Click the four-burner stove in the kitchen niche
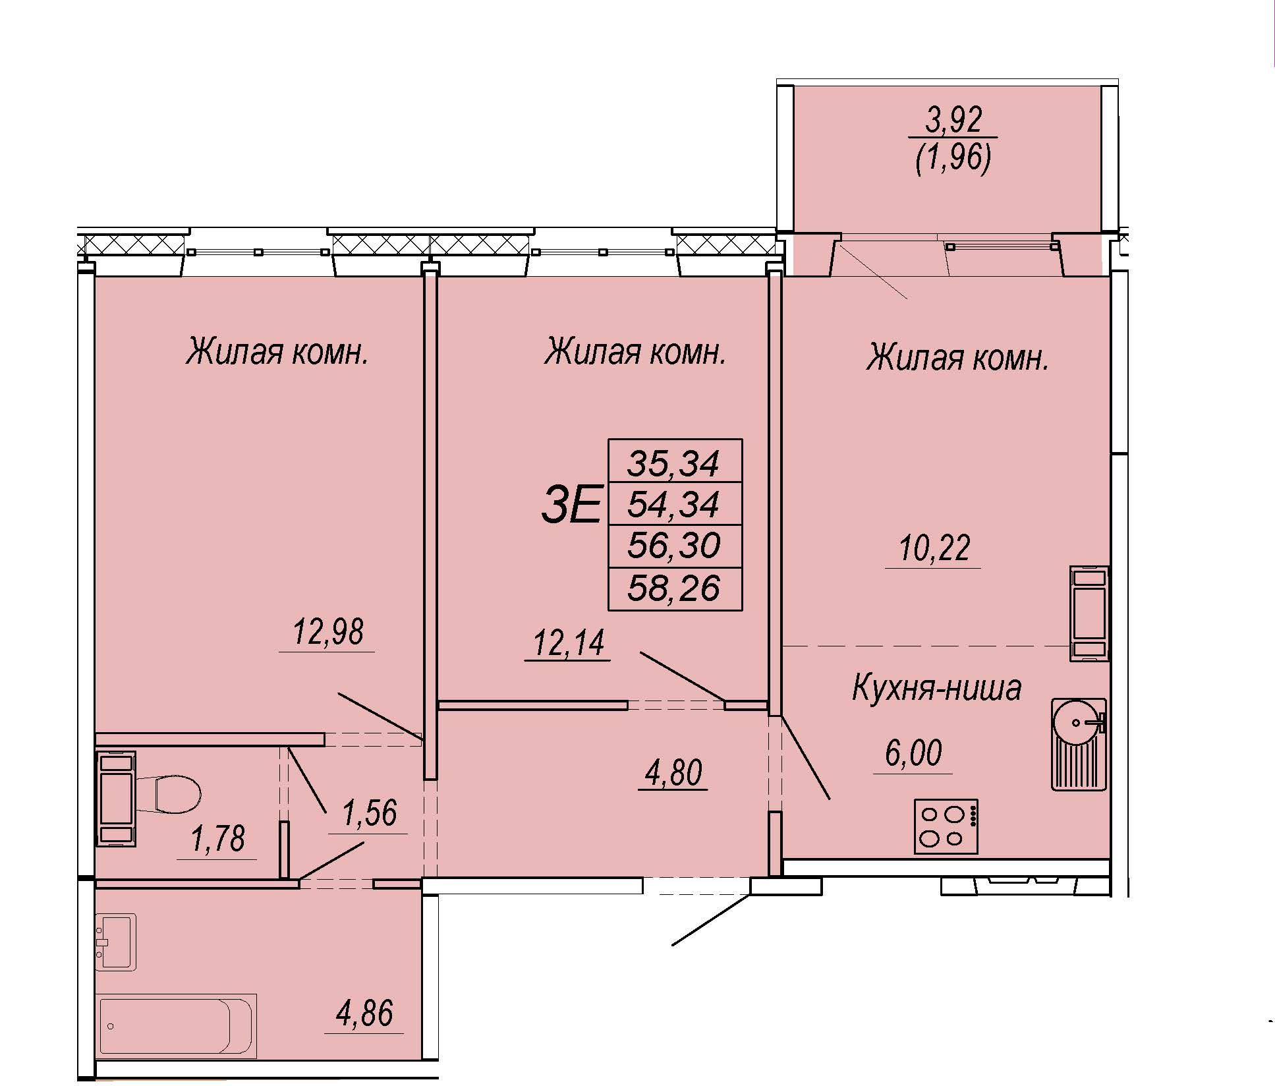(946, 826)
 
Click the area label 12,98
(327, 632)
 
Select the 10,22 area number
(934, 548)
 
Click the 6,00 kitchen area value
(913, 753)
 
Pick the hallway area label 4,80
(673, 772)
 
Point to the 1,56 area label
(369, 813)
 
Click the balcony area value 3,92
(954, 120)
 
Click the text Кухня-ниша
(936, 687)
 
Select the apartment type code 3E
(571, 503)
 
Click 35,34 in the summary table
(673, 463)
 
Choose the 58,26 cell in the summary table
(673, 588)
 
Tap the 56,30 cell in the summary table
(673, 546)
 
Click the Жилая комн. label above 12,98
(276, 351)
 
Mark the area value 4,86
(364, 1013)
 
